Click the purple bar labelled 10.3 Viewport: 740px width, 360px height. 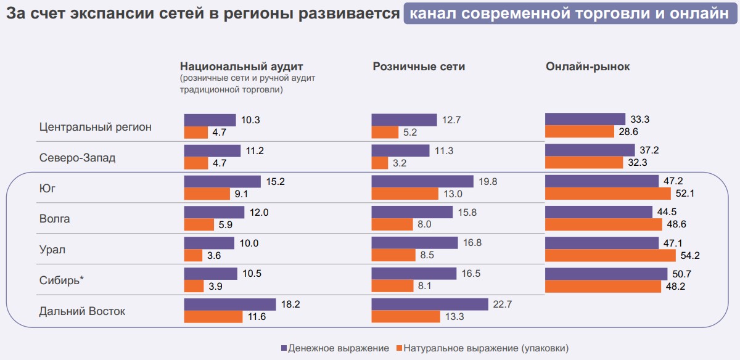210,120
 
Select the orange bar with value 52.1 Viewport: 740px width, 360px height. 607,194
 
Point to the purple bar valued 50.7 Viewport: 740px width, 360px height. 606,274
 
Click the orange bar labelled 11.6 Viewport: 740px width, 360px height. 213,317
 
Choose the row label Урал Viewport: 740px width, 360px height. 52,250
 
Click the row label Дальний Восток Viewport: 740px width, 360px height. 82,311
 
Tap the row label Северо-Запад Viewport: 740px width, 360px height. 77,158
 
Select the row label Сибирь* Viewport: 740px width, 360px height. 61,280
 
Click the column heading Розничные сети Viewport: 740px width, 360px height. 419,67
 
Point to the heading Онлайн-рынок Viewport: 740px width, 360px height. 588,67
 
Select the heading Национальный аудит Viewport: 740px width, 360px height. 242,67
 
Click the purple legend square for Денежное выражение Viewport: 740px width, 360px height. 284,348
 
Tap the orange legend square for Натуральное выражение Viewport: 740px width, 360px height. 399,348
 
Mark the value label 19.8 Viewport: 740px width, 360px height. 487,181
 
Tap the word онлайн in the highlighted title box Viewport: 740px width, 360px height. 701,14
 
